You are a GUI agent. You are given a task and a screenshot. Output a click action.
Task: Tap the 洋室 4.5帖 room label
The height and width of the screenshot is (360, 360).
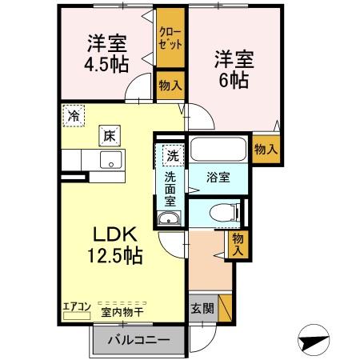103,50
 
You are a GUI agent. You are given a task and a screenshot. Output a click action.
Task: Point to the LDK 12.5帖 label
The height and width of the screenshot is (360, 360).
116,245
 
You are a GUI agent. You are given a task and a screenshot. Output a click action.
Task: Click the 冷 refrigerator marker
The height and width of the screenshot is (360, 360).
74,114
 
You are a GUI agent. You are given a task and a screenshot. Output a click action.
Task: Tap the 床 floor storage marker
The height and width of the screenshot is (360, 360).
108,136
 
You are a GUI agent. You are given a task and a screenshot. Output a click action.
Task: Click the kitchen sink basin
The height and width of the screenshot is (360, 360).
110,158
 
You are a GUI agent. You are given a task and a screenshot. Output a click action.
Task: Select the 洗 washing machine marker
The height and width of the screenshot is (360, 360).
172,154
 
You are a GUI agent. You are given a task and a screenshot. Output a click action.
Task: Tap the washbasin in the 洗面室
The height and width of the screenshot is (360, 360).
169,221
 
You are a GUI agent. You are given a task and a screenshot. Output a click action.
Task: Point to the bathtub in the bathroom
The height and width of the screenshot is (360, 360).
218,150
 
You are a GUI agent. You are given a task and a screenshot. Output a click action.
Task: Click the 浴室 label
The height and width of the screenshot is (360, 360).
218,178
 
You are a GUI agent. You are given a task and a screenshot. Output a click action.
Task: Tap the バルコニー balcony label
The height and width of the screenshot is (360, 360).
137,340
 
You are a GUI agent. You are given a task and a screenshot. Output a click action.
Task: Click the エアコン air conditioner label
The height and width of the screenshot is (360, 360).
76,305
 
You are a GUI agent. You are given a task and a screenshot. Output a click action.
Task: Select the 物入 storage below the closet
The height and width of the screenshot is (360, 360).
170,84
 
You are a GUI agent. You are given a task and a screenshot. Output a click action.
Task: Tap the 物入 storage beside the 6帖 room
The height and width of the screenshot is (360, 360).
266,149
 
